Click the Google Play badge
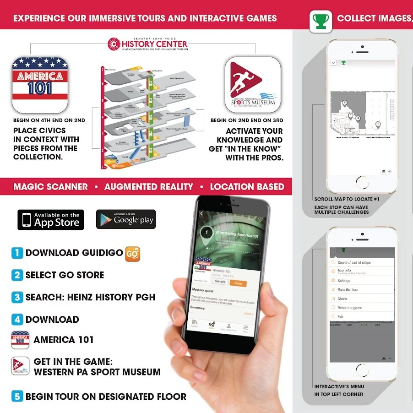pyautogui.click(x=126, y=219)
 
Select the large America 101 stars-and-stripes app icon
pyautogui.click(x=40, y=85)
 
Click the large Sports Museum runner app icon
pyautogui.click(x=252, y=85)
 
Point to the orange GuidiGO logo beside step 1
pyautogui.click(x=132, y=253)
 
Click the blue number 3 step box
pyautogui.click(x=17, y=297)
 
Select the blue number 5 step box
pyautogui.click(x=17, y=397)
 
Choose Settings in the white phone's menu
pyautogui.click(x=344, y=281)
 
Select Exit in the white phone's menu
pyautogui.click(x=340, y=317)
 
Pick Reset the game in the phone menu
pyautogui.click(x=350, y=308)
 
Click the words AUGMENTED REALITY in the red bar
pyautogui.click(x=149, y=187)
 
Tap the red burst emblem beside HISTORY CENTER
pyautogui.click(x=114, y=44)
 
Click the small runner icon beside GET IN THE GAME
pyautogui.click(x=20, y=366)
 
